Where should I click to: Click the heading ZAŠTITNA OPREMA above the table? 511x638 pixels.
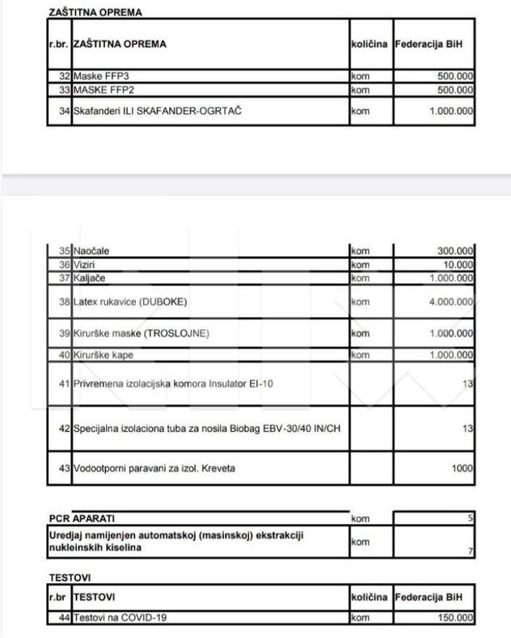coord(96,13)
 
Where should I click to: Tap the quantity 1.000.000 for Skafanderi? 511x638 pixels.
coord(451,111)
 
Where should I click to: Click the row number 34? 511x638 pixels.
coord(65,111)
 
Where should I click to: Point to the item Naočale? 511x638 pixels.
coord(91,251)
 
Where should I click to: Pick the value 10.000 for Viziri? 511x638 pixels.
coord(458,264)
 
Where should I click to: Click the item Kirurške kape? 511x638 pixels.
coord(103,355)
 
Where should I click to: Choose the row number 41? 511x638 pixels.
coord(65,383)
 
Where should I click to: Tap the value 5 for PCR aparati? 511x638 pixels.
coord(471,516)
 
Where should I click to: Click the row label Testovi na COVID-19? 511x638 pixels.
coord(114,619)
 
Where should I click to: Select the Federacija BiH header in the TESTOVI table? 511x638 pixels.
coord(433,597)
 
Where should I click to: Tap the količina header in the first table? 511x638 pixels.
coord(370,44)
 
